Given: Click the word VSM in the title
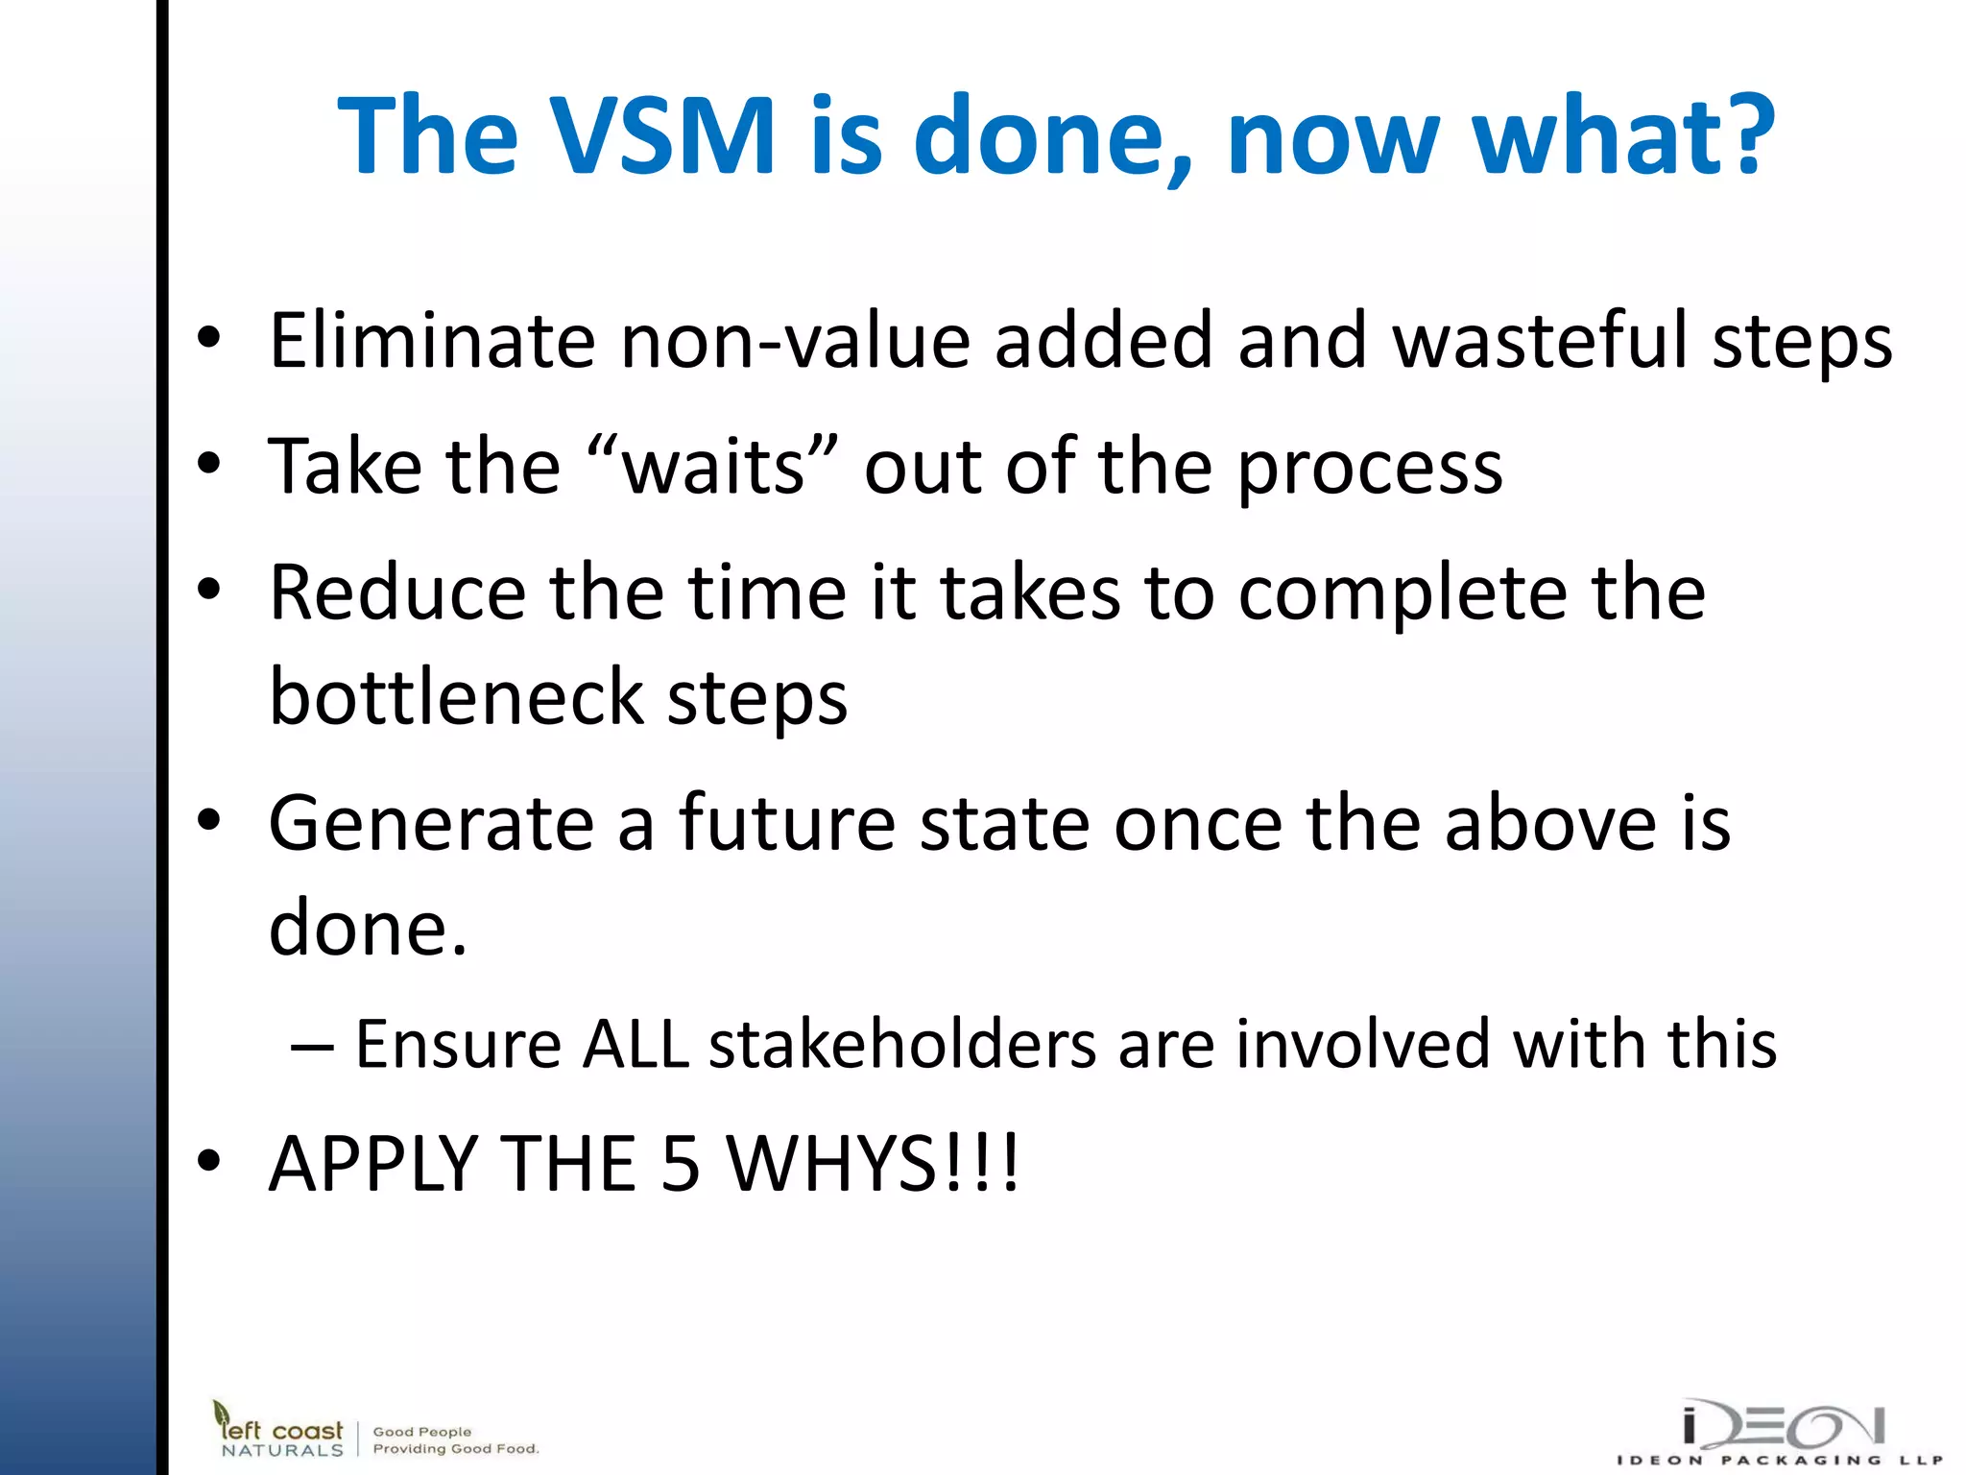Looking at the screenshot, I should point(663,136).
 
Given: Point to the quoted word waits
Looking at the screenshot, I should point(713,468).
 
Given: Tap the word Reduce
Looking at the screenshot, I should point(397,593).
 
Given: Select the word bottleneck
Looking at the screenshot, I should point(456,697).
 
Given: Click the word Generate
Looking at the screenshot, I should point(431,825).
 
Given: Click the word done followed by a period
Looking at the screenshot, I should point(368,930).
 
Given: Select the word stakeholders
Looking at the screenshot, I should point(902,1045).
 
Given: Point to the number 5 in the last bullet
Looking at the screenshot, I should point(681,1164).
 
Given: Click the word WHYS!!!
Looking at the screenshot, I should point(872,1164).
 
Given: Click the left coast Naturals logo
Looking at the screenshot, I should point(278,1430).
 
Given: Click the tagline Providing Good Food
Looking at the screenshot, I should point(456,1448).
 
